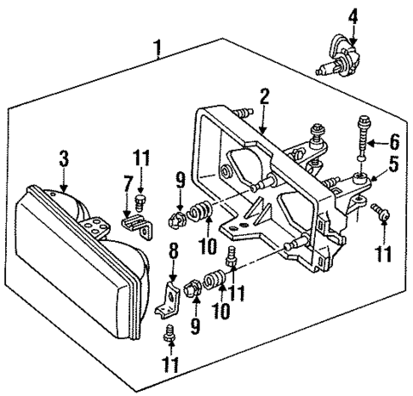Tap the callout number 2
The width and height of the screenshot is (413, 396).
point(265,96)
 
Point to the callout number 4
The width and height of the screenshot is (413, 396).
point(353,14)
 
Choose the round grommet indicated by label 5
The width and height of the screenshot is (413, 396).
point(361,178)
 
